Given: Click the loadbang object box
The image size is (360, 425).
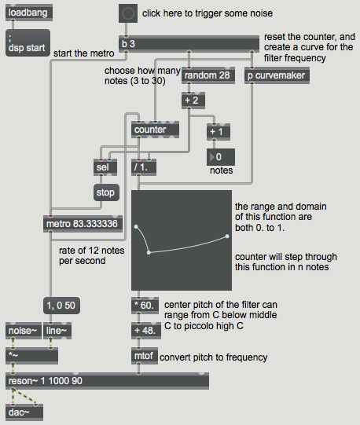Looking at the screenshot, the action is [29, 13].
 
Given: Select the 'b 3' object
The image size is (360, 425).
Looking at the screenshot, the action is [189, 44].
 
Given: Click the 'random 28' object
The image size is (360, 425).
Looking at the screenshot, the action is [208, 75].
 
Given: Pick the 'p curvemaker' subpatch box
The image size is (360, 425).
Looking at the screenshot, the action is [277, 75].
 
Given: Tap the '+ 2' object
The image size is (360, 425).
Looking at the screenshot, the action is [193, 101].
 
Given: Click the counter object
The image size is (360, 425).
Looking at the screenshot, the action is [155, 130].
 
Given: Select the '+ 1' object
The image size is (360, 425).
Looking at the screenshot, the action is [219, 132].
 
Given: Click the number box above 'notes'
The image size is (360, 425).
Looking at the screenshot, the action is [221, 157].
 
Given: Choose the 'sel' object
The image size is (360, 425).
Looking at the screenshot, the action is [105, 167].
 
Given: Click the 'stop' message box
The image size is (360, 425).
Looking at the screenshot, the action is [106, 192].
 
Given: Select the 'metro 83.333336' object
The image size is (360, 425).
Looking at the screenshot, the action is [83, 224].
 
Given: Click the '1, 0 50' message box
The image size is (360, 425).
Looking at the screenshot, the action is [61, 306].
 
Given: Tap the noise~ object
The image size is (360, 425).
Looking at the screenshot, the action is [24, 331].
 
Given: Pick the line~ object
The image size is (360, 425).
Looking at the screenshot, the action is [57, 331].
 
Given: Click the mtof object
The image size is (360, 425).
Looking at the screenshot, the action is [145, 356].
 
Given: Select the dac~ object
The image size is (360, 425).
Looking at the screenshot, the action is [24, 412].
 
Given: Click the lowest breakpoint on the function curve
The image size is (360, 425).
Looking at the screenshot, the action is [149, 253].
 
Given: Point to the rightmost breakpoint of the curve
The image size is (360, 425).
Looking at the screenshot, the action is [227, 236].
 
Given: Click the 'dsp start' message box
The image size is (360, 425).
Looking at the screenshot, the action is [28, 43].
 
